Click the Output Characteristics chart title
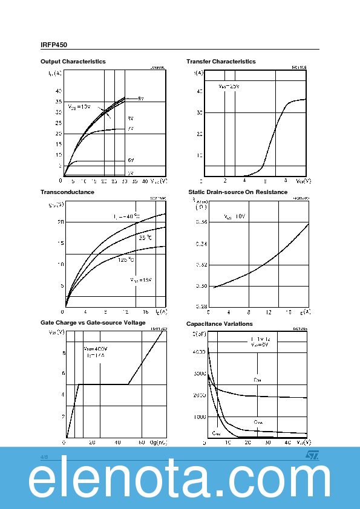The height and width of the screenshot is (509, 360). click(x=73, y=62)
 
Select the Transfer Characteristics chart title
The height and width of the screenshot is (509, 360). click(x=221, y=62)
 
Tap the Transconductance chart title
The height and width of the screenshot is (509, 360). click(x=67, y=192)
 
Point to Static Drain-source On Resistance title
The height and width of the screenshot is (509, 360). click(x=238, y=192)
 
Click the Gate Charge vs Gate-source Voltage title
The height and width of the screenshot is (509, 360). click(x=93, y=323)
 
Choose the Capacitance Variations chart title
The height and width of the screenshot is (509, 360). click(x=219, y=324)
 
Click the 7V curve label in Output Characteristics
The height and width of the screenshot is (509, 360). click(x=130, y=129)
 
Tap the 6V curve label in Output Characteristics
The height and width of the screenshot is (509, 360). click(x=130, y=160)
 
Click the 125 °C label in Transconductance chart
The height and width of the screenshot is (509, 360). click(x=126, y=260)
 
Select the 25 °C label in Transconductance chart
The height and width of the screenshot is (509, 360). click(x=145, y=238)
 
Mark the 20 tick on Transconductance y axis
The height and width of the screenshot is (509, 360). click(x=60, y=222)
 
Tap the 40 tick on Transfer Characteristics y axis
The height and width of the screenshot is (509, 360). click(x=198, y=91)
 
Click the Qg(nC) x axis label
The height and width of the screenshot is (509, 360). click(x=158, y=443)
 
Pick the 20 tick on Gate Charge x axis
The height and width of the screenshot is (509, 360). click(x=92, y=443)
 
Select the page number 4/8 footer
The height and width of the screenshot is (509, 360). click(x=44, y=457)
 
